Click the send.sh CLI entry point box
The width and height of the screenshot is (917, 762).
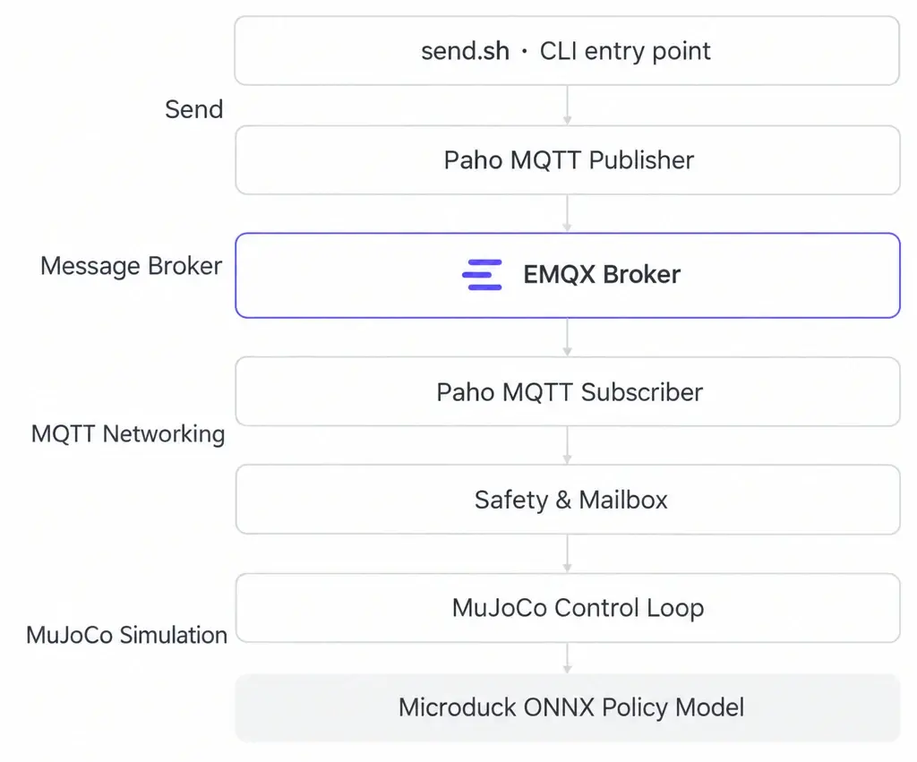[x=567, y=51]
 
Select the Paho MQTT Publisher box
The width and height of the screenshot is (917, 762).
[x=567, y=160]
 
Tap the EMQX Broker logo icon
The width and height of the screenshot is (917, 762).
[x=482, y=275]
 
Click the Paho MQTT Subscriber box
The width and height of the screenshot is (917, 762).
[x=567, y=392]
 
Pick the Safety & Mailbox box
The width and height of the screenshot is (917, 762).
[x=567, y=500]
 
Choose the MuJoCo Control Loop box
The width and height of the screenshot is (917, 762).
[x=567, y=608]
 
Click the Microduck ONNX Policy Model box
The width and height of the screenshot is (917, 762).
[x=567, y=708]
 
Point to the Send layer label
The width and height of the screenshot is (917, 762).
[x=194, y=109]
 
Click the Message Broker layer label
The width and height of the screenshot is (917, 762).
[x=131, y=266]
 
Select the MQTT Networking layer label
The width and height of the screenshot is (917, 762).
[x=128, y=434]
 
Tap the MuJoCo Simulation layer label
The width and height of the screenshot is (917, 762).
[x=127, y=635]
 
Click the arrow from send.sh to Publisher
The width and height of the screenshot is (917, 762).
[x=567, y=106]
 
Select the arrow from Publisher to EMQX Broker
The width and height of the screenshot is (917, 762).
[x=567, y=213]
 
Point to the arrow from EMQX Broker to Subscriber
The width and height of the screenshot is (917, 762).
[x=567, y=338]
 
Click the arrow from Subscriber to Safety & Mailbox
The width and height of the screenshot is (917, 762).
[x=567, y=446]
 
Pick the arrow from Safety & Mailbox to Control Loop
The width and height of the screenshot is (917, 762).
[x=567, y=553]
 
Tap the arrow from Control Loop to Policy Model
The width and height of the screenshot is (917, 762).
[x=567, y=658]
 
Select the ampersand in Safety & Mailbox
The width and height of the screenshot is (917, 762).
[x=563, y=501]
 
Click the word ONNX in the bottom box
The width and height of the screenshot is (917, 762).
[x=559, y=707]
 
